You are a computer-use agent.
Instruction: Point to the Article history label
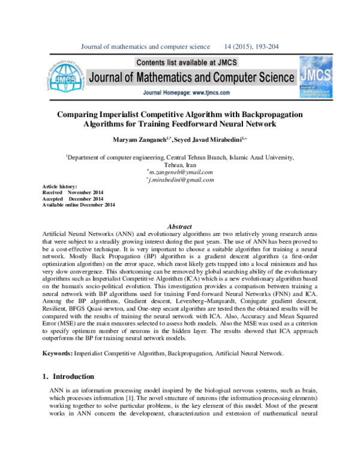(x=59, y=187)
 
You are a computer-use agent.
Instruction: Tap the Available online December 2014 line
(x=79, y=205)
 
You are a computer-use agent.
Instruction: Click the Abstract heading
(x=179, y=226)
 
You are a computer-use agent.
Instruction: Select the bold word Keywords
(x=58, y=353)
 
